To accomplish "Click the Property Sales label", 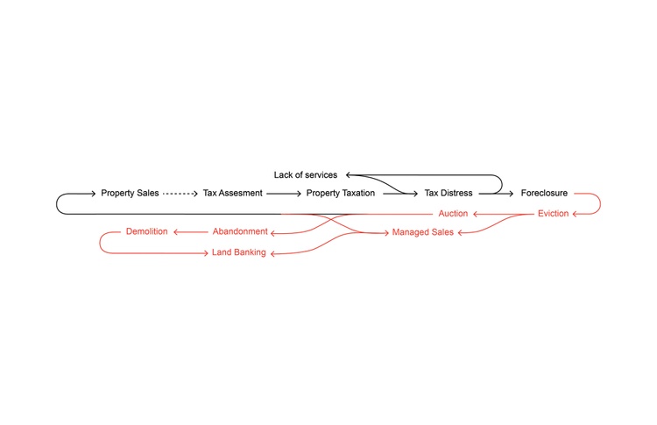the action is pyautogui.click(x=130, y=193).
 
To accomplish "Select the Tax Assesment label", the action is pyautogui.click(x=232, y=193).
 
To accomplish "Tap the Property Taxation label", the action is pyautogui.click(x=341, y=193).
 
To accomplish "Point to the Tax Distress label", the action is pyautogui.click(x=449, y=193).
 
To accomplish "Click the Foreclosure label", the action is pyautogui.click(x=544, y=193).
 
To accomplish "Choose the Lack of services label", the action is pyautogui.click(x=306, y=174).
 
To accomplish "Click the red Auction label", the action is pyautogui.click(x=453, y=213).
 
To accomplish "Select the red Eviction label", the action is pyautogui.click(x=553, y=213).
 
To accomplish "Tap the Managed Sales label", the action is pyautogui.click(x=423, y=232).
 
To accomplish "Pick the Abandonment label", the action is pyautogui.click(x=240, y=231).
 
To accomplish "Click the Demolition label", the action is pyautogui.click(x=146, y=231).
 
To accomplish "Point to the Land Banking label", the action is pyautogui.click(x=239, y=252).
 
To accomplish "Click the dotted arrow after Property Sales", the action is pyautogui.click(x=180, y=194).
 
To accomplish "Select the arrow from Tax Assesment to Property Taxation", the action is pyautogui.click(x=284, y=194).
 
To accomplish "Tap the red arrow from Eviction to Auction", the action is pyautogui.click(x=504, y=214).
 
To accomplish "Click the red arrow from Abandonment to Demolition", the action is pyautogui.click(x=191, y=232).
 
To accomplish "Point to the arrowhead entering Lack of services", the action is pyautogui.click(x=348, y=174).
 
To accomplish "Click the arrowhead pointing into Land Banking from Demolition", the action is pyautogui.click(x=206, y=253).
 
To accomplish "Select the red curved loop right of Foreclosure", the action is pyautogui.click(x=600, y=203).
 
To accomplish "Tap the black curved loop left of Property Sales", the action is pyautogui.click(x=57, y=203).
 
